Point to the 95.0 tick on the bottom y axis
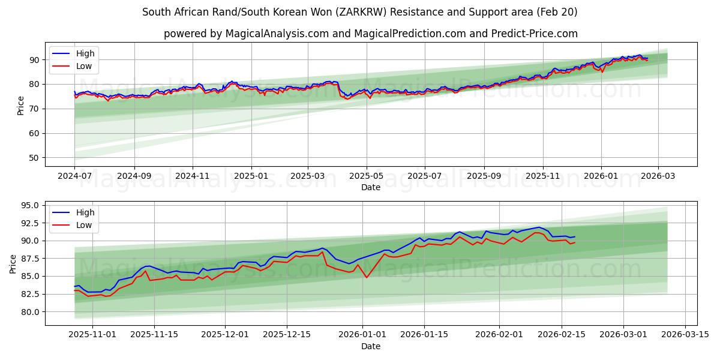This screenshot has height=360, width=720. coord(29,205)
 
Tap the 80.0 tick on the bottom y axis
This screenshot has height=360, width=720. coord(29,312)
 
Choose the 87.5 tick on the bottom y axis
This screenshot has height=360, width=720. coord(29,259)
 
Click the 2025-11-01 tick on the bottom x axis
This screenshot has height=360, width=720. coord(92,335)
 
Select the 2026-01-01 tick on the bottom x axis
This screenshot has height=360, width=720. coord(363,335)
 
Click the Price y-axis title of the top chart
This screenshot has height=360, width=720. coord(21,106)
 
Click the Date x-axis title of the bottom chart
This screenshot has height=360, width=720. coord(371,346)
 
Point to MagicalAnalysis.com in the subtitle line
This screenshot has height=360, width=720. coord(277,34)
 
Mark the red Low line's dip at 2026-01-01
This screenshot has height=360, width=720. coord(367,277)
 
